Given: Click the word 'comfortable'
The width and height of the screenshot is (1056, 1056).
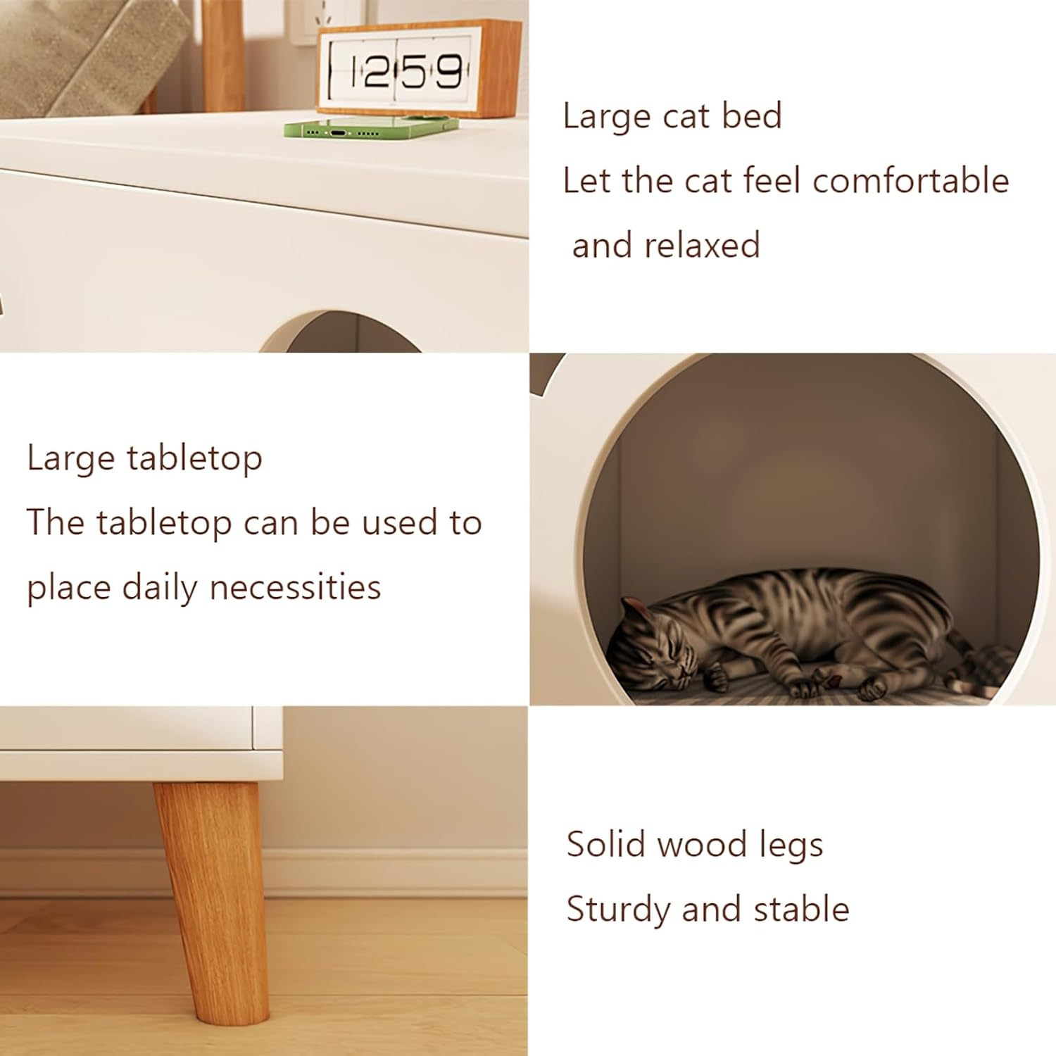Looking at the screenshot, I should [x=911, y=181].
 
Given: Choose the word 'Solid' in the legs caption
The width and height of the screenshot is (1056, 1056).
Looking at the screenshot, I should [x=606, y=844].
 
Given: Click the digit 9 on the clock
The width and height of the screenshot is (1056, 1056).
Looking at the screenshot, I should [x=448, y=72].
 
